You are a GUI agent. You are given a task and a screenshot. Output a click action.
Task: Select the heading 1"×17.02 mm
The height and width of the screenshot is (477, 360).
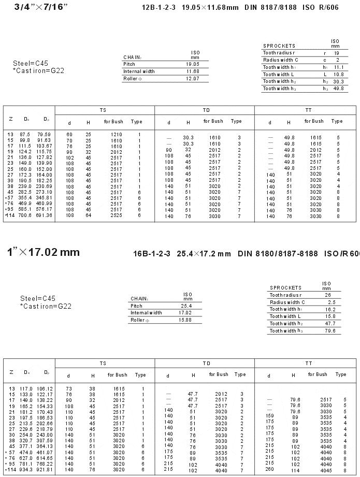[x=44, y=252]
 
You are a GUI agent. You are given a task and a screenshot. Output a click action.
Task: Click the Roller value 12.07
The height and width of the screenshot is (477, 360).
[x=192, y=79]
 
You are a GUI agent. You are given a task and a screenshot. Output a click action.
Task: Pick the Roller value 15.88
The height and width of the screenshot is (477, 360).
[x=185, y=320]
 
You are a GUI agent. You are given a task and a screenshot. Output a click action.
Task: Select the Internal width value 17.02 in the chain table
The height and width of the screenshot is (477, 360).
[x=185, y=313]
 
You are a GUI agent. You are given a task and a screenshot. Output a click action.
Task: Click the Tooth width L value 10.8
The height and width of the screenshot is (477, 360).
[x=338, y=75]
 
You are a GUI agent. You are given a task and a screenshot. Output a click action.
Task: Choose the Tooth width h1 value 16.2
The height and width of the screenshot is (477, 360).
[x=330, y=309]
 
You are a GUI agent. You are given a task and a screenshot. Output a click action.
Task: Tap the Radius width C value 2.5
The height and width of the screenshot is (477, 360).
[x=332, y=302]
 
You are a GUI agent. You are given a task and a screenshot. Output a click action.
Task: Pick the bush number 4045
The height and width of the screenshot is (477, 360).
[x=326, y=471]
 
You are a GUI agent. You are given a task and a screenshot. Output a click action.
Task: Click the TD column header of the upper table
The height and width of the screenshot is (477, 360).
[x=206, y=110]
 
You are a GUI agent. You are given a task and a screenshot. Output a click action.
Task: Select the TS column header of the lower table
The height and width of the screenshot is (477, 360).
[x=103, y=364]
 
